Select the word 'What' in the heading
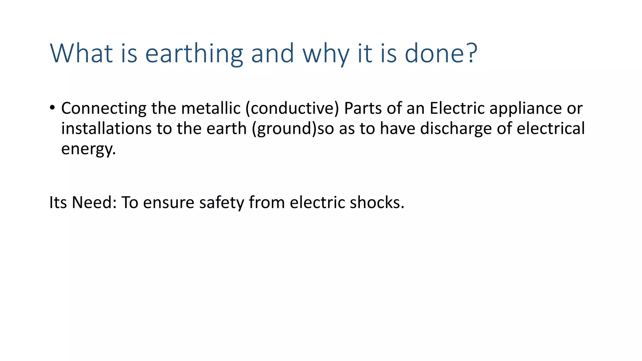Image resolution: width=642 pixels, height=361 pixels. (81, 53)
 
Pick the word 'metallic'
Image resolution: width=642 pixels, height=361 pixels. (211, 108)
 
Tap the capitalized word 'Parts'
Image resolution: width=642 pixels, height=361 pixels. (363, 108)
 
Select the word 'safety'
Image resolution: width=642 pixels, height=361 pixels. (221, 203)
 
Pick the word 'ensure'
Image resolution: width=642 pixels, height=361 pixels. (169, 203)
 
